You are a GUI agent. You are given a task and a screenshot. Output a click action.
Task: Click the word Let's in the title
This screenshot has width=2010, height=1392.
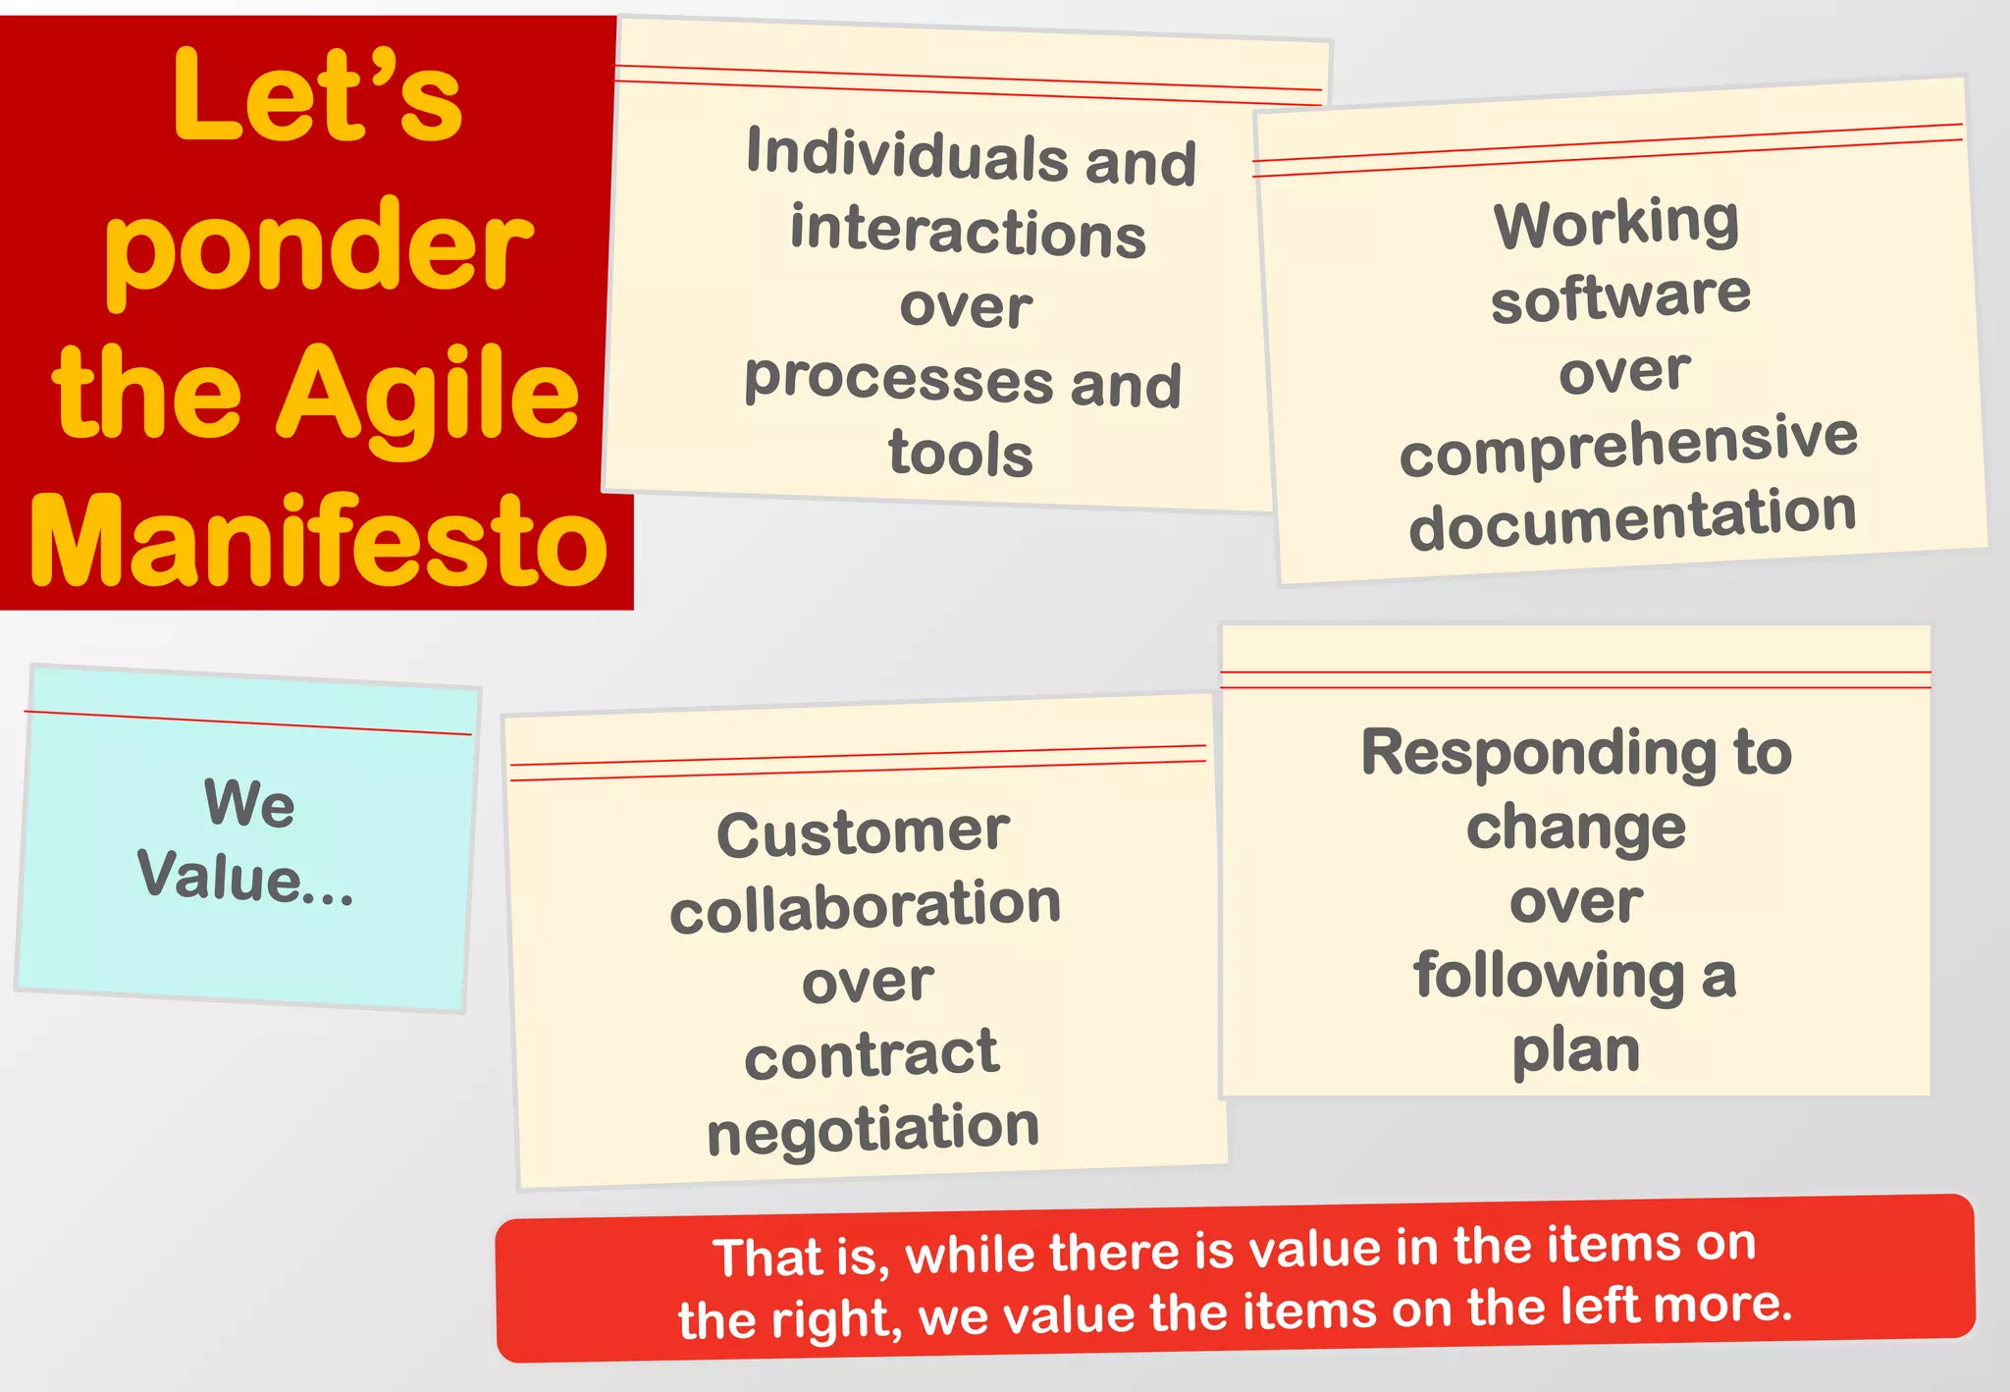tap(316, 96)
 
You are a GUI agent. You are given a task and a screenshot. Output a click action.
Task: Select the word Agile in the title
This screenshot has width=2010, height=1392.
tap(428, 395)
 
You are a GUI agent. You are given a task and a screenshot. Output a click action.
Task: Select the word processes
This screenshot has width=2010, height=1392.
tap(898, 379)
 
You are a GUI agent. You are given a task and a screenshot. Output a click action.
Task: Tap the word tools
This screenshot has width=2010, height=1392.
tap(961, 454)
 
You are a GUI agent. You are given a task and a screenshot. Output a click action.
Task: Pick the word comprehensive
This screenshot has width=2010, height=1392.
tap(1628, 444)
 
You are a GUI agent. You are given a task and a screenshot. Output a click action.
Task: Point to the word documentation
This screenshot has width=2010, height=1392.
tap(1632, 518)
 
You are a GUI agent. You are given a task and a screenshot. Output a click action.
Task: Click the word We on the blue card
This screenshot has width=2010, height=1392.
tap(249, 802)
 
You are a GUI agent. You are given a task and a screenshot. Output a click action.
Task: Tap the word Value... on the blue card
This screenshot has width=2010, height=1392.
tap(245, 876)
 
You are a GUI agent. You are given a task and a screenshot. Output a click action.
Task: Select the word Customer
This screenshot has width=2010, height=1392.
tap(863, 833)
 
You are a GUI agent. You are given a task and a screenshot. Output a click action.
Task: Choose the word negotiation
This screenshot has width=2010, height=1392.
tap(873, 1128)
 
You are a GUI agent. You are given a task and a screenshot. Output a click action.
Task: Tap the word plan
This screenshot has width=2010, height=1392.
tap(1576, 1049)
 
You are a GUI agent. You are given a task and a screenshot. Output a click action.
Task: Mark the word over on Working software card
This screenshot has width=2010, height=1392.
tap(1624, 371)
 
